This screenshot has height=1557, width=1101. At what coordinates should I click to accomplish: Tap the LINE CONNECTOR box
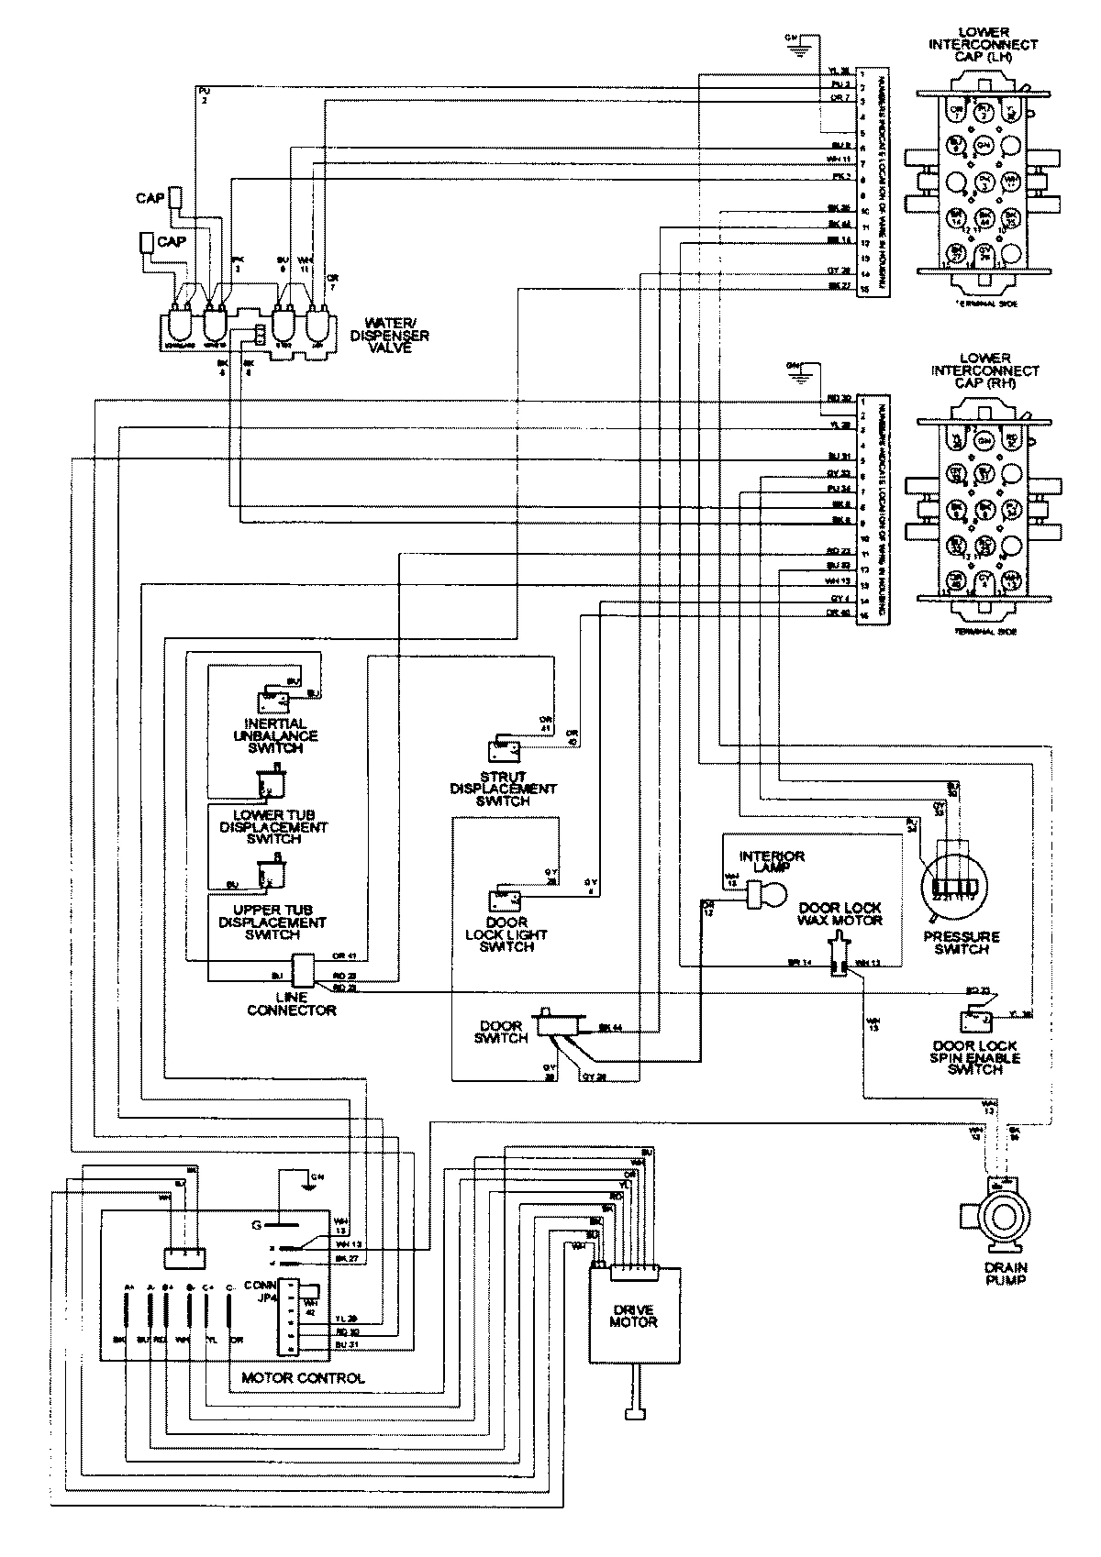click(x=303, y=970)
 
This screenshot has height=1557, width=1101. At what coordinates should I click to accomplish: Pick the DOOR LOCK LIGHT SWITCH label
click(x=506, y=934)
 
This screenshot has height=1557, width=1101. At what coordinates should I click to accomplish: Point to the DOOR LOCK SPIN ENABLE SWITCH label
click(x=975, y=1057)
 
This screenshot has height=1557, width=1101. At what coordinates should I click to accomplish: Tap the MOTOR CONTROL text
click(x=303, y=1377)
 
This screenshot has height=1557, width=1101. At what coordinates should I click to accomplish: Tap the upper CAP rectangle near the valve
click(x=177, y=197)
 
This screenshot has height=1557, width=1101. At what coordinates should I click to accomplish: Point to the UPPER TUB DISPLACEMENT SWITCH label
click(x=272, y=922)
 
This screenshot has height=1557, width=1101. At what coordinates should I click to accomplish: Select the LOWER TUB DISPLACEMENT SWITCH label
click(x=273, y=826)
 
